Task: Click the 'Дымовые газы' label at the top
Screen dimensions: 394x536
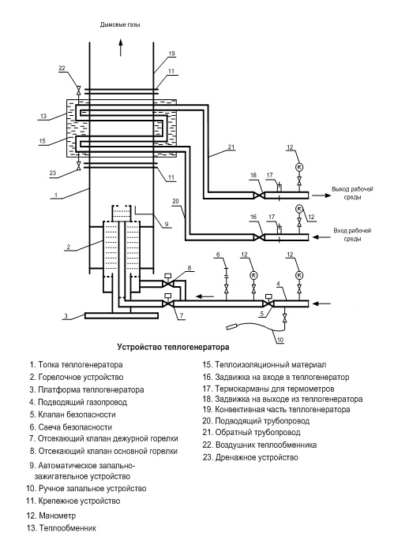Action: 120,24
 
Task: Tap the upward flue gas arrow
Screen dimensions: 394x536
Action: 121,47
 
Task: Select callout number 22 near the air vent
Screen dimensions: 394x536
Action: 62,68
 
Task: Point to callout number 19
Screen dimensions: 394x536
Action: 171,54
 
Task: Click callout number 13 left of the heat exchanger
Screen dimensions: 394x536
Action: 43,116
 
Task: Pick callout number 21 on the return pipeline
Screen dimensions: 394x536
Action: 231,147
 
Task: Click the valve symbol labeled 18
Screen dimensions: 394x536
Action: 259,195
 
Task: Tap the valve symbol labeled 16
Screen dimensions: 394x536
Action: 259,237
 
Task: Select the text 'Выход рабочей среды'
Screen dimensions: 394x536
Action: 352,193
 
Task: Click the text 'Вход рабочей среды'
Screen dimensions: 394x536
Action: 352,235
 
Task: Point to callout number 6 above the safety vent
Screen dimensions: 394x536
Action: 218,255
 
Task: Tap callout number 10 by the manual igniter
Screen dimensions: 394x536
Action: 280,340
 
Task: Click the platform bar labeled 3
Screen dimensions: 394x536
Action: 121,315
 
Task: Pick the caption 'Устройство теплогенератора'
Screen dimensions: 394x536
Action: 173,348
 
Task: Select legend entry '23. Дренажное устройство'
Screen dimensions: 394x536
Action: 250,457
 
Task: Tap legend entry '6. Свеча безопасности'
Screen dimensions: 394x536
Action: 70,427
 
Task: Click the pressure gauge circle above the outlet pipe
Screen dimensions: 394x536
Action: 299,167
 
